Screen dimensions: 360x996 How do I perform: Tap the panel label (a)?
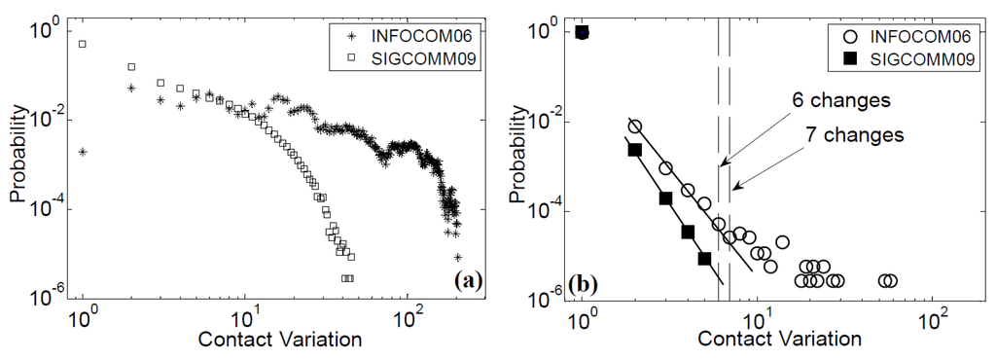click(469, 282)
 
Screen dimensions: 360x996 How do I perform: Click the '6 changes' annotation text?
click(842, 101)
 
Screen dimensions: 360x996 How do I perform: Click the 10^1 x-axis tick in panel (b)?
click(759, 316)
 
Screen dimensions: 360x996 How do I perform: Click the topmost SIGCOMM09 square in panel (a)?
click(84, 44)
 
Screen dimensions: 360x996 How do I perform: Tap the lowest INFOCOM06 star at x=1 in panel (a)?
click(84, 152)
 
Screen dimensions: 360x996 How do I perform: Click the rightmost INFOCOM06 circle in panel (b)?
click(891, 281)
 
